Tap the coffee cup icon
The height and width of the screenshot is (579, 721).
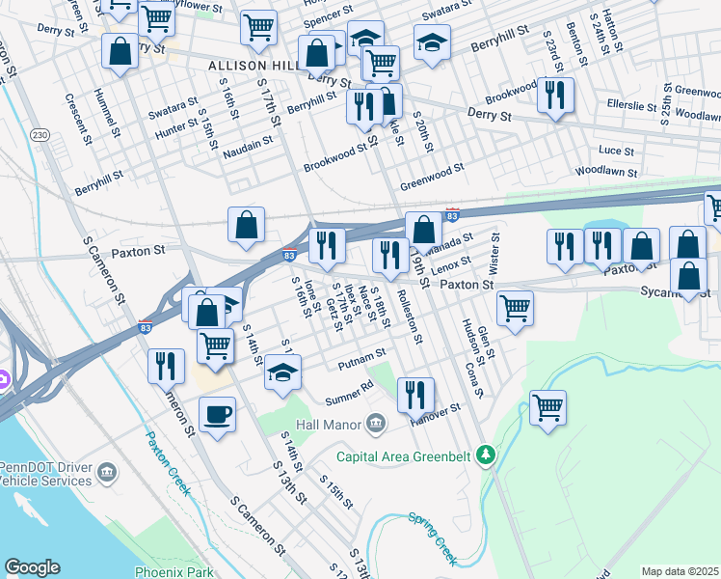coord(217,414)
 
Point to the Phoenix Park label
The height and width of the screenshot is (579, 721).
coord(174,571)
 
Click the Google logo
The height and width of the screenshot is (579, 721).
coord(32,567)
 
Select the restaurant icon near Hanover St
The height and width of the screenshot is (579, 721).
coord(414,394)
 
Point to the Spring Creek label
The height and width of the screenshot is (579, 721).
coord(431,538)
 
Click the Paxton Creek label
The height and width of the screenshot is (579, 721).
coord(166,462)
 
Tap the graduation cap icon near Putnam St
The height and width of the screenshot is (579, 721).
coord(282,372)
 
